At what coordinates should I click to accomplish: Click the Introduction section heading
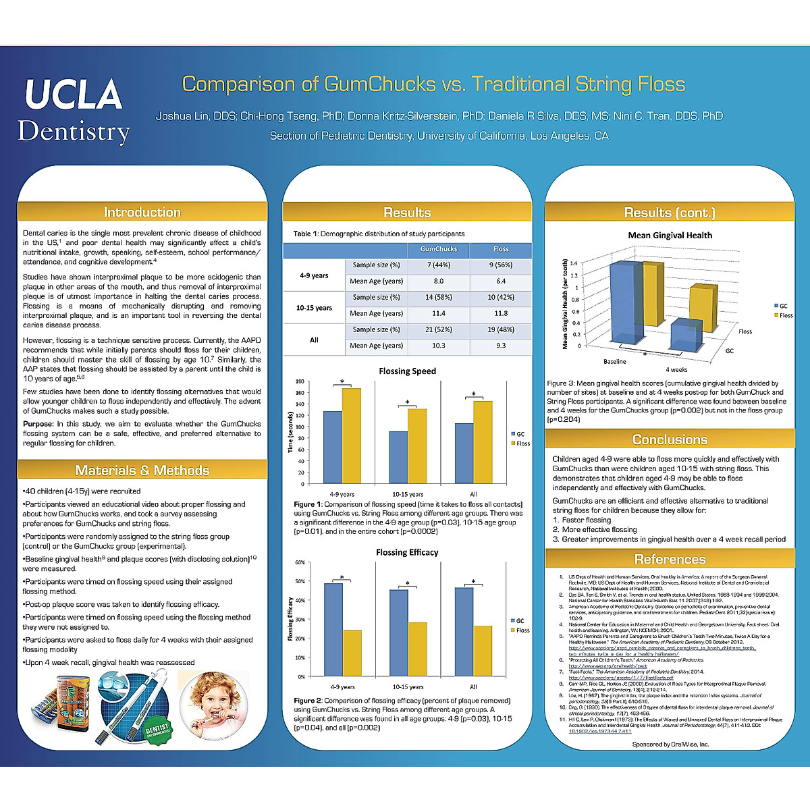[x=142, y=212]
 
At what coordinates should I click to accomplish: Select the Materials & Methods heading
[x=142, y=470]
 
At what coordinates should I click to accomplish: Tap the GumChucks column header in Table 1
[x=438, y=249]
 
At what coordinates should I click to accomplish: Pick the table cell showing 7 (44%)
[x=438, y=265]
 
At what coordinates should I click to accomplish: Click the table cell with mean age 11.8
[x=500, y=313]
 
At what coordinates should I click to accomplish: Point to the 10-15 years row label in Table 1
[x=314, y=308]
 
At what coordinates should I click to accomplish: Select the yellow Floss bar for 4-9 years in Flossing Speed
[x=351, y=435]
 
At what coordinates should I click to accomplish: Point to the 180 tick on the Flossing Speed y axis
[x=300, y=381]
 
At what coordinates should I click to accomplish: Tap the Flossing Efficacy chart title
[x=407, y=552]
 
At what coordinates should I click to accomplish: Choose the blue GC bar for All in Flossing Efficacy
[x=464, y=631]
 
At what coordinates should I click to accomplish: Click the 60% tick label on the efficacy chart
[x=300, y=562]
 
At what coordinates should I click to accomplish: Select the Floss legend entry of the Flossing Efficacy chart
[x=522, y=630]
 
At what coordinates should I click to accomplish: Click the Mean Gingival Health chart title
[x=670, y=236]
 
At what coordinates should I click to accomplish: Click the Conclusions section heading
[x=670, y=439]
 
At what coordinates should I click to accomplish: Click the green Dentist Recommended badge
[x=158, y=729]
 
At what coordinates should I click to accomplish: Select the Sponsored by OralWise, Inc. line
[x=670, y=745]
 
